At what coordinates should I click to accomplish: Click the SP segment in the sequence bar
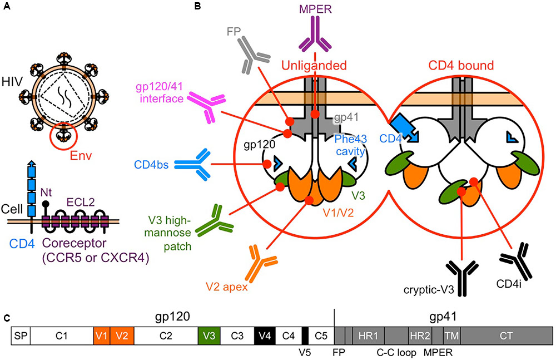pyautogui.click(x=21, y=337)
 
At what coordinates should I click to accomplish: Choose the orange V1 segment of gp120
pyautogui.click(x=102, y=337)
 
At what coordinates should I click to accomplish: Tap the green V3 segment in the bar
pyautogui.click(x=209, y=337)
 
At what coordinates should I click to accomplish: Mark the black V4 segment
pyautogui.click(x=265, y=337)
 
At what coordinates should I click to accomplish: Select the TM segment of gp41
pyautogui.click(x=451, y=337)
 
